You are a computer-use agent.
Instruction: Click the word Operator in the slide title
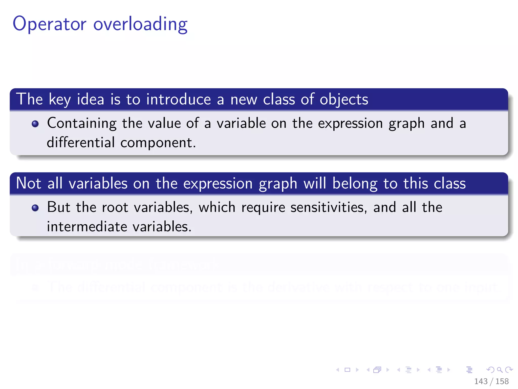pyautogui.click(x=50, y=24)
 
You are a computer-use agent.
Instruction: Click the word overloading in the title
pyautogui.click(x=140, y=24)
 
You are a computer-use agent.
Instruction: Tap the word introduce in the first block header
pyautogui.click(x=178, y=99)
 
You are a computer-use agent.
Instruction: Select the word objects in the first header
pyautogui.click(x=344, y=99)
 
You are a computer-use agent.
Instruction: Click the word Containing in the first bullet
pyautogui.click(x=82, y=123)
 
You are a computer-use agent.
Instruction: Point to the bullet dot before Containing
pyautogui.click(x=35, y=124)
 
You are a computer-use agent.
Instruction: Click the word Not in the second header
pyautogui.click(x=29, y=183)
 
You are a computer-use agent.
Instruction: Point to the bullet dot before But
pyautogui.click(x=35, y=208)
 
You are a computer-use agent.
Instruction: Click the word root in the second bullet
pyautogui.click(x=115, y=207)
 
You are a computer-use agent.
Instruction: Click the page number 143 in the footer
pyautogui.click(x=481, y=381)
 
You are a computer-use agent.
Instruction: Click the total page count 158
pyautogui.click(x=502, y=381)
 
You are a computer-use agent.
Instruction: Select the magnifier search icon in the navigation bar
pyautogui.click(x=500, y=370)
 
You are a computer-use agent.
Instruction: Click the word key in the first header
pyautogui.click(x=60, y=100)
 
